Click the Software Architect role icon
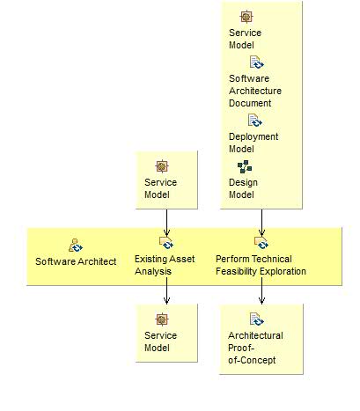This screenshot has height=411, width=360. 76,244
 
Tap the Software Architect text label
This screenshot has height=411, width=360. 76,261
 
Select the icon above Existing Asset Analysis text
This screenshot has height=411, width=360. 165,243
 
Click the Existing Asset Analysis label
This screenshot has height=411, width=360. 160,266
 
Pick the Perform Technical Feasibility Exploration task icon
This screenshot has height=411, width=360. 261,243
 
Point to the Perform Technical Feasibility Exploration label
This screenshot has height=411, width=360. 261,266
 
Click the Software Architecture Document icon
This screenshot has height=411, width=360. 255,62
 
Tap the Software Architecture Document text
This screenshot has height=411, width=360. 255,91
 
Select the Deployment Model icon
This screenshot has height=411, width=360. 255,121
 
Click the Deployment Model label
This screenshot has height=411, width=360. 253,143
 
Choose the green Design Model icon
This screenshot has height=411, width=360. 244,166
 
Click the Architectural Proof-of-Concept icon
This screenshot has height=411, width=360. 255,319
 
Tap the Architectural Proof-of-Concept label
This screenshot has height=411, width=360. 255,348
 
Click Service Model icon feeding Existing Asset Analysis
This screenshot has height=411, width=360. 161,166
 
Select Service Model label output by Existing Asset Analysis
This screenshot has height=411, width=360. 160,341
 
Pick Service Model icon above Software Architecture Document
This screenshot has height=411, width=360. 246,17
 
